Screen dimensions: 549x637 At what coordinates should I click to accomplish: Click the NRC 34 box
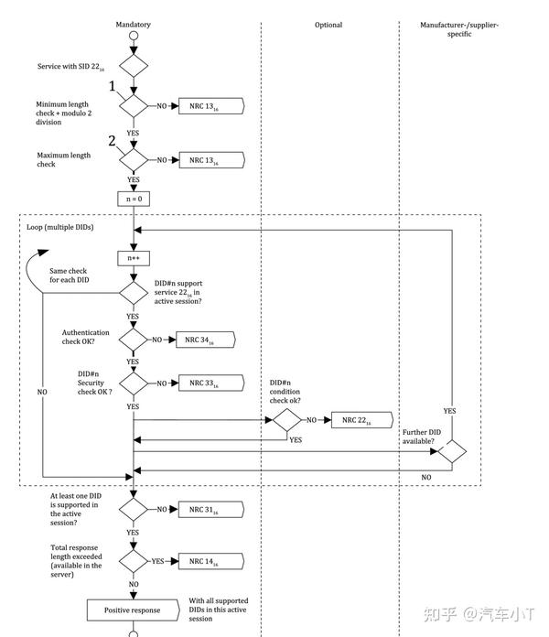pos(206,340)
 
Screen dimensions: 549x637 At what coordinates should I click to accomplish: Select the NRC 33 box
pos(211,383)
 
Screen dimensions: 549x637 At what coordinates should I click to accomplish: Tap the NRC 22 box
pos(362,420)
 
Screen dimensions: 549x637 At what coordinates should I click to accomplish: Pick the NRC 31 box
pos(211,510)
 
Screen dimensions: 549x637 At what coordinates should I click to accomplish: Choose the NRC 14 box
pos(211,561)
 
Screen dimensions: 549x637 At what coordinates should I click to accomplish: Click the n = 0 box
pos(134,200)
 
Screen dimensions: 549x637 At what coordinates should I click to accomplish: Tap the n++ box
pos(134,258)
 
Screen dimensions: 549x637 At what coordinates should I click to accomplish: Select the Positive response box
pos(134,610)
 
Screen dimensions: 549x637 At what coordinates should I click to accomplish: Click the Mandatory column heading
pos(134,25)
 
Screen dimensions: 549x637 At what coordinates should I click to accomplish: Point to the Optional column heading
pos(328,25)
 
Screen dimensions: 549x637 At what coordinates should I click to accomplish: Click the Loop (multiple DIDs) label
pos(60,227)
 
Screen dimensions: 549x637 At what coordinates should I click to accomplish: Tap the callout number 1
pos(112,86)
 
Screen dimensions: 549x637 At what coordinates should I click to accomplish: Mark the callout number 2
pos(112,141)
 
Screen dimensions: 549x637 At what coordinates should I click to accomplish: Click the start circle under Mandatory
pos(134,36)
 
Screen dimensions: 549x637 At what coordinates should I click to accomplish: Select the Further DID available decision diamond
pos(452,451)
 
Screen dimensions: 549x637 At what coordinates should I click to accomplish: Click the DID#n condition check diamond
pos(287,420)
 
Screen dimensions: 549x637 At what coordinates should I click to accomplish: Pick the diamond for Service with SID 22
pos(134,66)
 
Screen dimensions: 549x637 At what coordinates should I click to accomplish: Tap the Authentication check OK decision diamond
pos(134,340)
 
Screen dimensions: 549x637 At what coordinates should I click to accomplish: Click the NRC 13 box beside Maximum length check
pos(212,160)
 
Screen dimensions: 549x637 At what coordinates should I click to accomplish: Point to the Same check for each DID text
pos(69,275)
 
